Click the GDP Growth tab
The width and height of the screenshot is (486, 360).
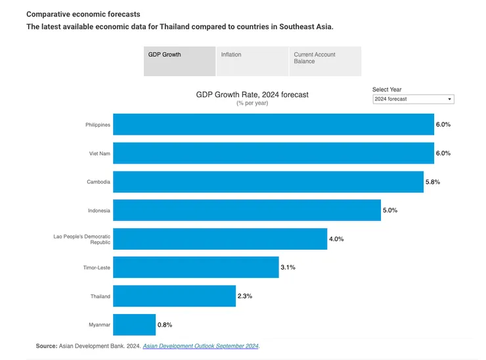pyautogui.click(x=179, y=61)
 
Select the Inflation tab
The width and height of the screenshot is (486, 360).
pyautogui.click(x=252, y=61)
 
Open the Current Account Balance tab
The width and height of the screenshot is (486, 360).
pyautogui.click(x=325, y=61)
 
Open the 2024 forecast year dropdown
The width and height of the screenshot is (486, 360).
pyautogui.click(x=412, y=99)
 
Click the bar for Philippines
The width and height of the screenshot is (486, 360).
pyautogui.click(x=273, y=124)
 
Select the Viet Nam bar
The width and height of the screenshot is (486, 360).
pyautogui.click(x=273, y=153)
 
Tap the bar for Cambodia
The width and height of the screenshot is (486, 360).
pyautogui.click(x=268, y=181)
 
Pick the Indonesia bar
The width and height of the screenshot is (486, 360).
pyautogui.click(x=246, y=210)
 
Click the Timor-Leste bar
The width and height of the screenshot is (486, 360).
pyautogui.click(x=196, y=267)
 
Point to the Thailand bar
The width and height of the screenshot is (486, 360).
pyautogui.click(x=174, y=296)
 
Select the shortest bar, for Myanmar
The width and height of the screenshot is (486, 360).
pyautogui.click(x=134, y=325)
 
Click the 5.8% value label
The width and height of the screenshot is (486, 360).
pyautogui.click(x=432, y=182)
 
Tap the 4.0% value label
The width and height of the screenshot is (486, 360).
pyautogui.click(x=336, y=239)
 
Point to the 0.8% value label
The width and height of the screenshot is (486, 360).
pyautogui.click(x=165, y=325)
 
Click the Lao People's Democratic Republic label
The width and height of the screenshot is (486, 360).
pyautogui.click(x=82, y=239)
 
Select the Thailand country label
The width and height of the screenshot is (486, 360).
pyautogui.click(x=100, y=296)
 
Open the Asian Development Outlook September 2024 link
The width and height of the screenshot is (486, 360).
pyautogui.click(x=201, y=346)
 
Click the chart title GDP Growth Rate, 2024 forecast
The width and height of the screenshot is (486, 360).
pyautogui.click(x=252, y=95)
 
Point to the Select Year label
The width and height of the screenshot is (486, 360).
pyautogui.click(x=387, y=89)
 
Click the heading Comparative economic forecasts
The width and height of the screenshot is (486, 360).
pyautogui.click(x=83, y=14)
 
